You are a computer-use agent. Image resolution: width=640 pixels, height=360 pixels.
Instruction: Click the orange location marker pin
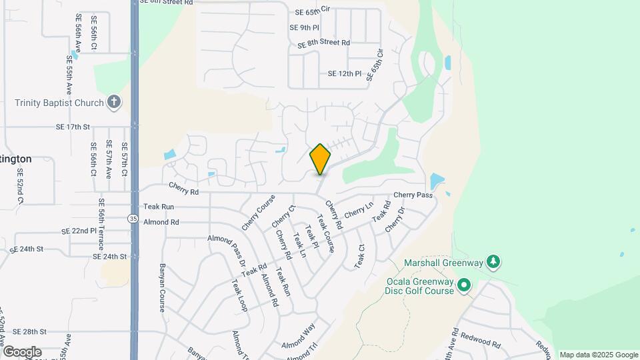tap(320, 159)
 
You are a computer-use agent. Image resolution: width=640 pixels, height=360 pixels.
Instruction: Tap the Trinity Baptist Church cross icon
tap(114, 103)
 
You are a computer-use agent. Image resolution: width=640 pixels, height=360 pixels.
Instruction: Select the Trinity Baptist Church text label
tap(59, 103)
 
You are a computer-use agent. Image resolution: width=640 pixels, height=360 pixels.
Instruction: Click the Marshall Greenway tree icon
tap(493, 262)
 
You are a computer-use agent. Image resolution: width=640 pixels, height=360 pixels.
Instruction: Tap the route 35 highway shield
tap(134, 218)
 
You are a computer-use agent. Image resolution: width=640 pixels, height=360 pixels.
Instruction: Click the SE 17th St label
tap(73, 126)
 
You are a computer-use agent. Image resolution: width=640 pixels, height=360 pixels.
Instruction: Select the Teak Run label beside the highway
tap(159, 207)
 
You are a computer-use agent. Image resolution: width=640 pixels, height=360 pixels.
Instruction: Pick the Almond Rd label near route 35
tap(161, 222)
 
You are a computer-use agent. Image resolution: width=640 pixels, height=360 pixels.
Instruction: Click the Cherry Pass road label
tap(413, 195)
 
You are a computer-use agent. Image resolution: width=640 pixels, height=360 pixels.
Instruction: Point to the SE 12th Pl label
tap(345, 73)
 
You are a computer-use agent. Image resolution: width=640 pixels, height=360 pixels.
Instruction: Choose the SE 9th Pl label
tap(305, 27)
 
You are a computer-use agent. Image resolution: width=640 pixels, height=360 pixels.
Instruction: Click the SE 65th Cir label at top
tap(313, 12)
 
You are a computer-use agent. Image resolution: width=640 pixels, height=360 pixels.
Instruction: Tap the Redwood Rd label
tap(480, 343)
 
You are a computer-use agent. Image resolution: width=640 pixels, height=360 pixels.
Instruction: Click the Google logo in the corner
tap(22, 351)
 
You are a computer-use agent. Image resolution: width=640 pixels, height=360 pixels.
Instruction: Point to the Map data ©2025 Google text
tap(598, 355)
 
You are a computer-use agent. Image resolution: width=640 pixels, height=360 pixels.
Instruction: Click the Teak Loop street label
tap(239, 295)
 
